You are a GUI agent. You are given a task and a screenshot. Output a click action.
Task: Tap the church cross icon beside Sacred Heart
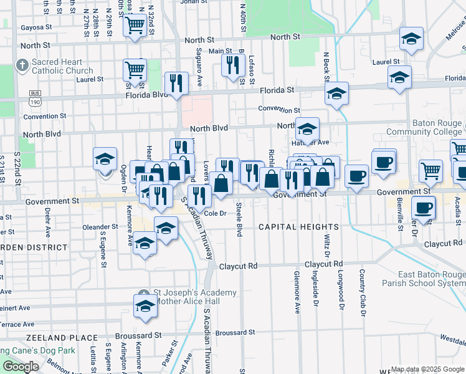point(22,64)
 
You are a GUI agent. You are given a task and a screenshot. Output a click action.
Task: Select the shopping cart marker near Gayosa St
point(134,26)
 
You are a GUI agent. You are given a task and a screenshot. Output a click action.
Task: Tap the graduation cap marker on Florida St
point(336,93)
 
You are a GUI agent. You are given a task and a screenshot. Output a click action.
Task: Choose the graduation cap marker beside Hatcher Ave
point(307,129)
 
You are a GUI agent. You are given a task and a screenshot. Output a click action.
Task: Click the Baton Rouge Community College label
point(426,127)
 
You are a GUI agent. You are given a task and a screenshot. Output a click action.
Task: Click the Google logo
point(21,367)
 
